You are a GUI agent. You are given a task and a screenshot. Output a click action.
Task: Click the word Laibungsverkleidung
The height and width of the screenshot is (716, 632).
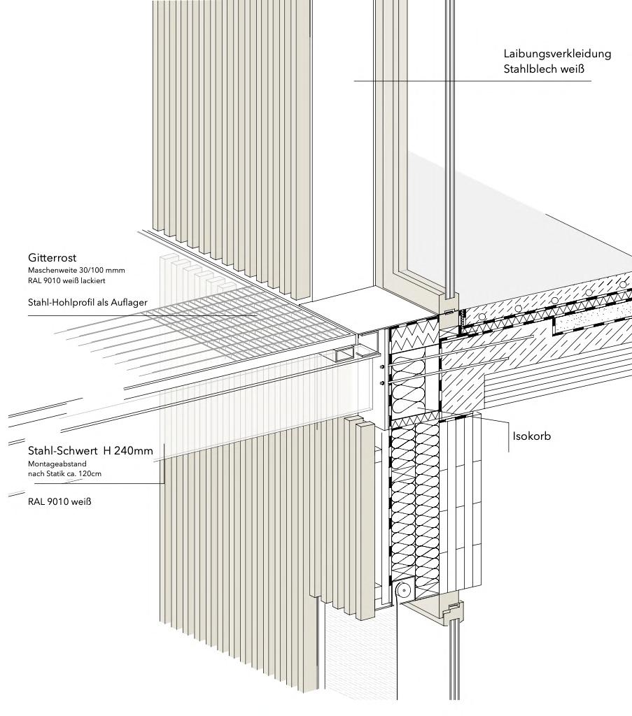(x=557, y=54)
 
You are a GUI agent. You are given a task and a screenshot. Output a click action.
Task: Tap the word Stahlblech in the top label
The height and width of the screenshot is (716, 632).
(x=528, y=69)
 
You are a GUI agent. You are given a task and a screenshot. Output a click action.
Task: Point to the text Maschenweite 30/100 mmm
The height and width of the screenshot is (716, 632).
(x=76, y=270)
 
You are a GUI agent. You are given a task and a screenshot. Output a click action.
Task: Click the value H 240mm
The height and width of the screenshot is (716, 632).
(x=127, y=451)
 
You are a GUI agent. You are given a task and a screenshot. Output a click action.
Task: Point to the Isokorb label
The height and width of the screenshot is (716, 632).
(x=532, y=436)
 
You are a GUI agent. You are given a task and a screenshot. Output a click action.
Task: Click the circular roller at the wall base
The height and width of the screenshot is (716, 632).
(x=404, y=591)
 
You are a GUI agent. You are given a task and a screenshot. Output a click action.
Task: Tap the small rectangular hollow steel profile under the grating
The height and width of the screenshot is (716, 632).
(x=344, y=357)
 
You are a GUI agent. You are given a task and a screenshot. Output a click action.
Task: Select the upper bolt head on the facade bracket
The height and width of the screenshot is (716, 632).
(x=381, y=367)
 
